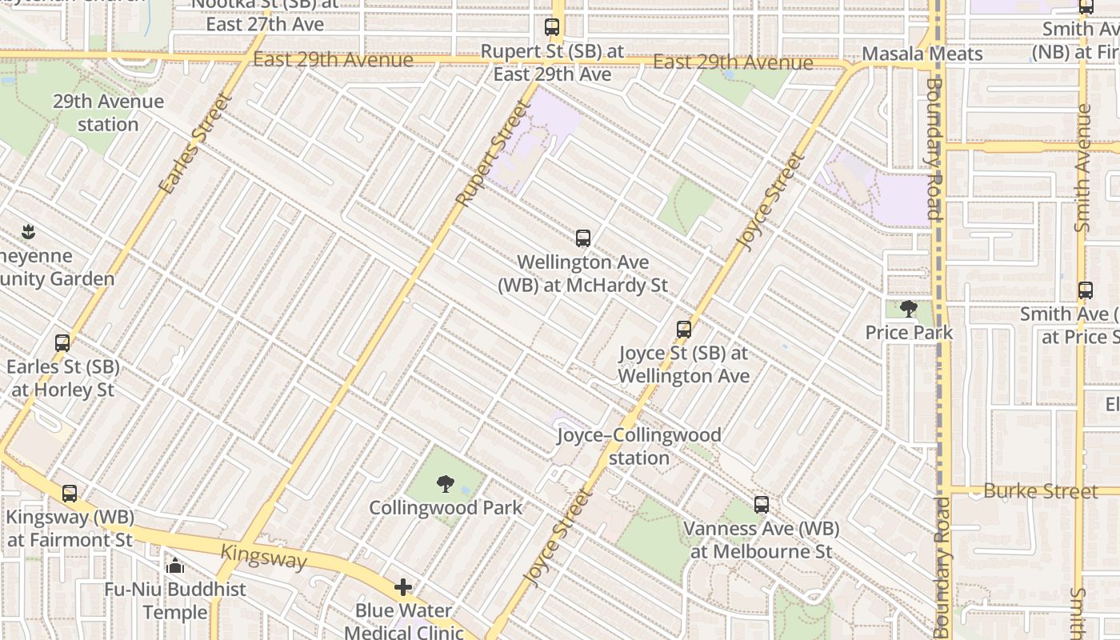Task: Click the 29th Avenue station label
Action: coord(108,113)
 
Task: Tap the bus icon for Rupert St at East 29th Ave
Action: coord(552,27)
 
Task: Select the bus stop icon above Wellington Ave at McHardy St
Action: coord(583,238)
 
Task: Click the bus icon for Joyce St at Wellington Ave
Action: coord(683,329)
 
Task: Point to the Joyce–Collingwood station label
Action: coord(638,446)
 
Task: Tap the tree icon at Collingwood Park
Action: coord(445,483)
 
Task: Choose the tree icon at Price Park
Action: coord(908,308)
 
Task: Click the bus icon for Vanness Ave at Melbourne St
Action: coord(761,505)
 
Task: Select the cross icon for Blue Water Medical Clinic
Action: coord(403,588)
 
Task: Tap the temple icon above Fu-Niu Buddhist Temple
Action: coord(175,566)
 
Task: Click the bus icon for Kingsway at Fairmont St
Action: coord(70,494)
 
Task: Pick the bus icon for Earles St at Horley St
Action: coord(62,343)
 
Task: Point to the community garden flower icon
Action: coord(29,233)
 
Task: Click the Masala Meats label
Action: coord(922,54)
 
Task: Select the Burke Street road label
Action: coord(1040,490)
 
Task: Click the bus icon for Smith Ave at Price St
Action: coord(1085,290)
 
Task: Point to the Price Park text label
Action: coord(909,332)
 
